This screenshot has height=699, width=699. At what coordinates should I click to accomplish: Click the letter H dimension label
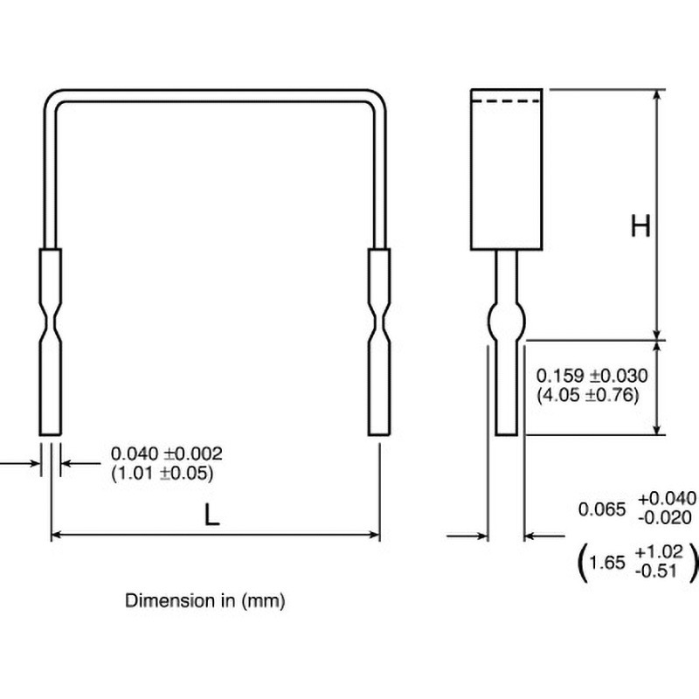[x=640, y=227]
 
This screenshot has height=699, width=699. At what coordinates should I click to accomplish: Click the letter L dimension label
[x=211, y=516]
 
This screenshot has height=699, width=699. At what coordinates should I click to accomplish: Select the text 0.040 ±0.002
[x=167, y=454]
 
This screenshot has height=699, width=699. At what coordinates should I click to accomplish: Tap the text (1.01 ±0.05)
[x=163, y=473]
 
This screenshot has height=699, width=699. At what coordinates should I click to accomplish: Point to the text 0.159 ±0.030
[x=592, y=376]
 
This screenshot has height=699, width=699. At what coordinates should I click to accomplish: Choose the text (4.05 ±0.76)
[x=588, y=394]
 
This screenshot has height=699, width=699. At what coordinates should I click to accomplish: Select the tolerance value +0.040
[x=667, y=498]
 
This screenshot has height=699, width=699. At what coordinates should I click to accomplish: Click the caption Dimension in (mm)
[x=205, y=601]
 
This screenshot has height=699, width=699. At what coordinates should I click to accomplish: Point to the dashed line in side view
[x=507, y=102]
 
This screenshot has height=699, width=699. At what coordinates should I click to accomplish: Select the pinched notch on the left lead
[x=51, y=322]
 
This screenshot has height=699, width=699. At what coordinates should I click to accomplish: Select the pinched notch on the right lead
[x=379, y=322]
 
